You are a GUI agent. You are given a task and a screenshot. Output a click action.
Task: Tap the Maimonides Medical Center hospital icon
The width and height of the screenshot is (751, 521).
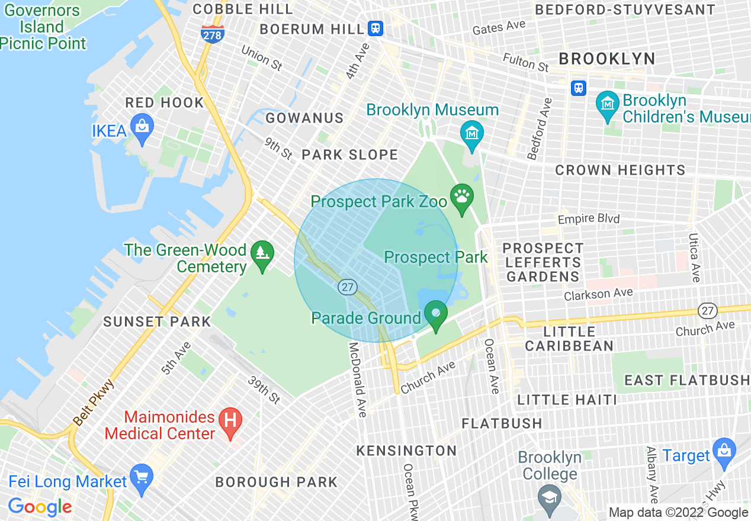(230, 421)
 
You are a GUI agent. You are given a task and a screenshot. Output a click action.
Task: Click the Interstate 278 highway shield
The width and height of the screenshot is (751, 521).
(212, 34)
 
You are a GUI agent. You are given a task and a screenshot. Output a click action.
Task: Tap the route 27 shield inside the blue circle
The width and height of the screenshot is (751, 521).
(347, 287)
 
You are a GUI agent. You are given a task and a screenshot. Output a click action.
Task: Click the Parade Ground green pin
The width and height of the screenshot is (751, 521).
(437, 314)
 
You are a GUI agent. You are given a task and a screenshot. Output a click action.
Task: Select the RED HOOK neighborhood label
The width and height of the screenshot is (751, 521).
(165, 102)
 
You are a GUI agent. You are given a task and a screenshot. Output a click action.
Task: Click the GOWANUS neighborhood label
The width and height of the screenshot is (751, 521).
(304, 118)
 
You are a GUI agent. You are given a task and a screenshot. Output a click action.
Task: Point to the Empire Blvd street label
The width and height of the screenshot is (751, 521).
(588, 219)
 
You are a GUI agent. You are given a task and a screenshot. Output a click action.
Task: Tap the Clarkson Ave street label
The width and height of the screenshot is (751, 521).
(598, 294)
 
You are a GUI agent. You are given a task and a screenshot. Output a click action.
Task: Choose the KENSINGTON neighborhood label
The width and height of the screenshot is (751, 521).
(406, 451)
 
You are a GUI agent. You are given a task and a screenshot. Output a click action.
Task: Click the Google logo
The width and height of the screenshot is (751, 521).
(40, 507)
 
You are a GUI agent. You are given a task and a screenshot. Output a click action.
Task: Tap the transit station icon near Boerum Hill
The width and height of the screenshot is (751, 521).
(375, 28)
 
